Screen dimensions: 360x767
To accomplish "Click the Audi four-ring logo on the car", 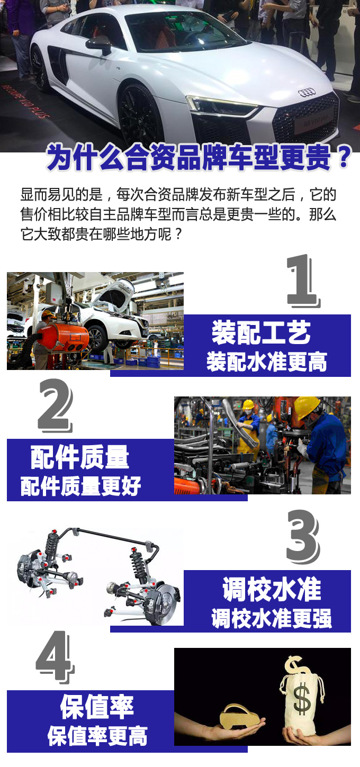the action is coord(306,92).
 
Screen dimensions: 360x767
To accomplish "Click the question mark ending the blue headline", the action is coord(344,157).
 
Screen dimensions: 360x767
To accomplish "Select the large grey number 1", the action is coord(303,281).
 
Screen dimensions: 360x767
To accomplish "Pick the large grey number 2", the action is coord(55,405).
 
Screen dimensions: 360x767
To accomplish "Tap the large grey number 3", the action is coord(303,537).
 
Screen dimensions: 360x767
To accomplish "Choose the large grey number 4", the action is coord(55,657).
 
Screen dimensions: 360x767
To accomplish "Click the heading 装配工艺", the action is coord(261,332).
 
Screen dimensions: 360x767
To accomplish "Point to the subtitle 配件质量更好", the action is coord(81,486).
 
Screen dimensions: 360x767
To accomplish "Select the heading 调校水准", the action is coord(272,589).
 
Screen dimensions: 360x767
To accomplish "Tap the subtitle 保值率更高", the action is coord(97,737).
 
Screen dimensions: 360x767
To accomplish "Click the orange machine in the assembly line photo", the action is coord(61,336).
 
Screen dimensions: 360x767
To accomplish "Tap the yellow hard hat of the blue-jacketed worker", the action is coord(306,407).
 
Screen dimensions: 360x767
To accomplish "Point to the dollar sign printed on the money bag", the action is coord(302,699).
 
